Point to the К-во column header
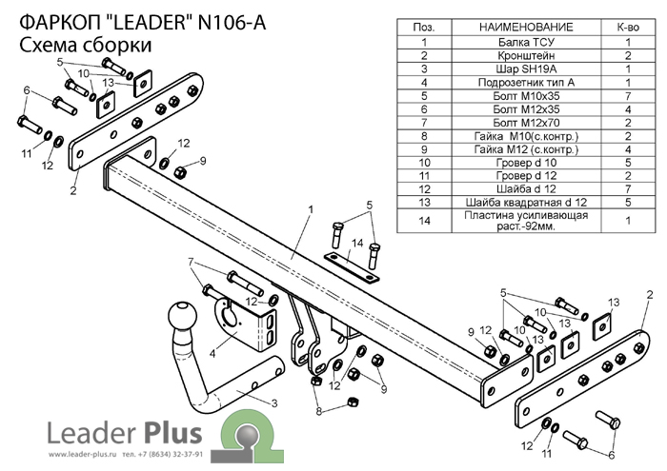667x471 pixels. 629,28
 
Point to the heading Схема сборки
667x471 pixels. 85,45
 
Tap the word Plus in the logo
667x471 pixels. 172,434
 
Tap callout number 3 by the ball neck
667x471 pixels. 273,405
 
